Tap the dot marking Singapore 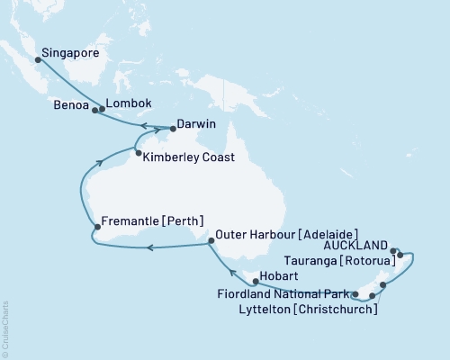[37, 61]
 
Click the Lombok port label [126, 103]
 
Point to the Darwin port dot [173, 129]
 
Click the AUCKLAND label [360, 245]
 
